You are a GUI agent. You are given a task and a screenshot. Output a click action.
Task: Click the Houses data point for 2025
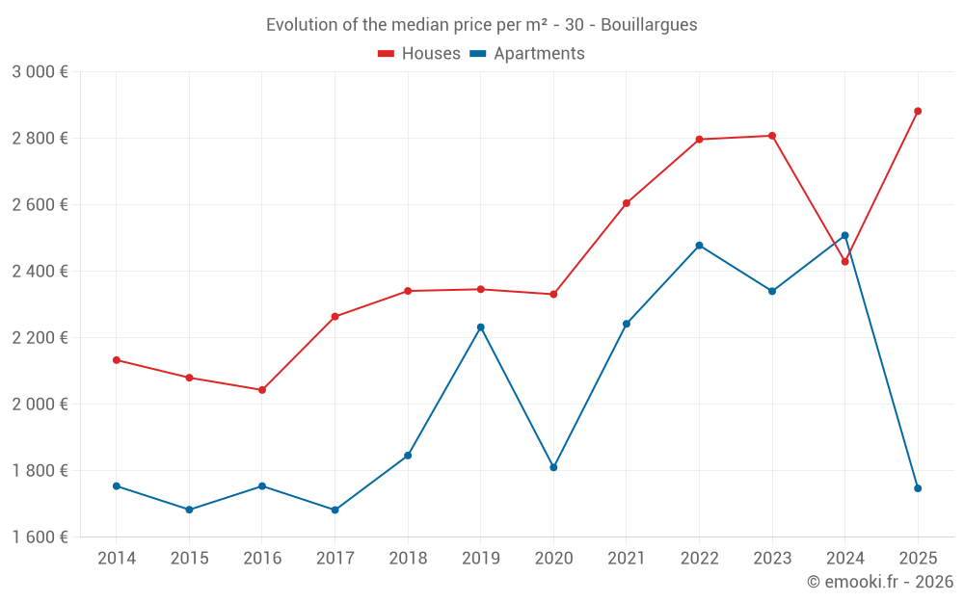click(x=918, y=111)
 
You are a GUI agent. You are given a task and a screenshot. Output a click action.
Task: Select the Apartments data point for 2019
click(x=480, y=327)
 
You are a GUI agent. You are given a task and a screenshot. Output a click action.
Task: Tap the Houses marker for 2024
click(x=845, y=262)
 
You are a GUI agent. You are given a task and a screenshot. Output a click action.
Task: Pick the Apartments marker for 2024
click(x=845, y=236)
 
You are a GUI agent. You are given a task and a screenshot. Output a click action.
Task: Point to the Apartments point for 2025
click(x=918, y=488)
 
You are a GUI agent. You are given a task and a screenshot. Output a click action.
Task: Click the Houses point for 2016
click(x=262, y=390)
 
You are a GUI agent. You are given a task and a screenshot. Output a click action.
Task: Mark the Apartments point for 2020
click(x=553, y=467)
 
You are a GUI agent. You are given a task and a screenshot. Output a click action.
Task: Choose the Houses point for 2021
click(x=627, y=203)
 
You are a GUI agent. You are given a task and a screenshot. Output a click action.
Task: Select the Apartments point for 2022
click(x=699, y=246)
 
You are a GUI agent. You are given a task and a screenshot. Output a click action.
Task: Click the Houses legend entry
click(x=419, y=54)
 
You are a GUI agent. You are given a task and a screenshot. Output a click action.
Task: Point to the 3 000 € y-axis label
click(x=40, y=72)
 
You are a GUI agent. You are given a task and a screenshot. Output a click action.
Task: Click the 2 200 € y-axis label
click(x=40, y=338)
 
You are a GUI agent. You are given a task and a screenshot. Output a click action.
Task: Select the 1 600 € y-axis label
click(x=40, y=537)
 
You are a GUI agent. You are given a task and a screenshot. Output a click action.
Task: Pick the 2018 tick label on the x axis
click(x=408, y=559)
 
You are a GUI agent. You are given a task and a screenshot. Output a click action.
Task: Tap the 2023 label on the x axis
click(x=772, y=559)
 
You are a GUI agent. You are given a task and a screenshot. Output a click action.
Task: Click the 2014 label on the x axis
click(x=117, y=559)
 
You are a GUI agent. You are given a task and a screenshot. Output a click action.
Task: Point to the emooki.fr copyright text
click(x=879, y=582)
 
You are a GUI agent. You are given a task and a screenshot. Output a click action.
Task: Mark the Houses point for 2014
click(x=117, y=360)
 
